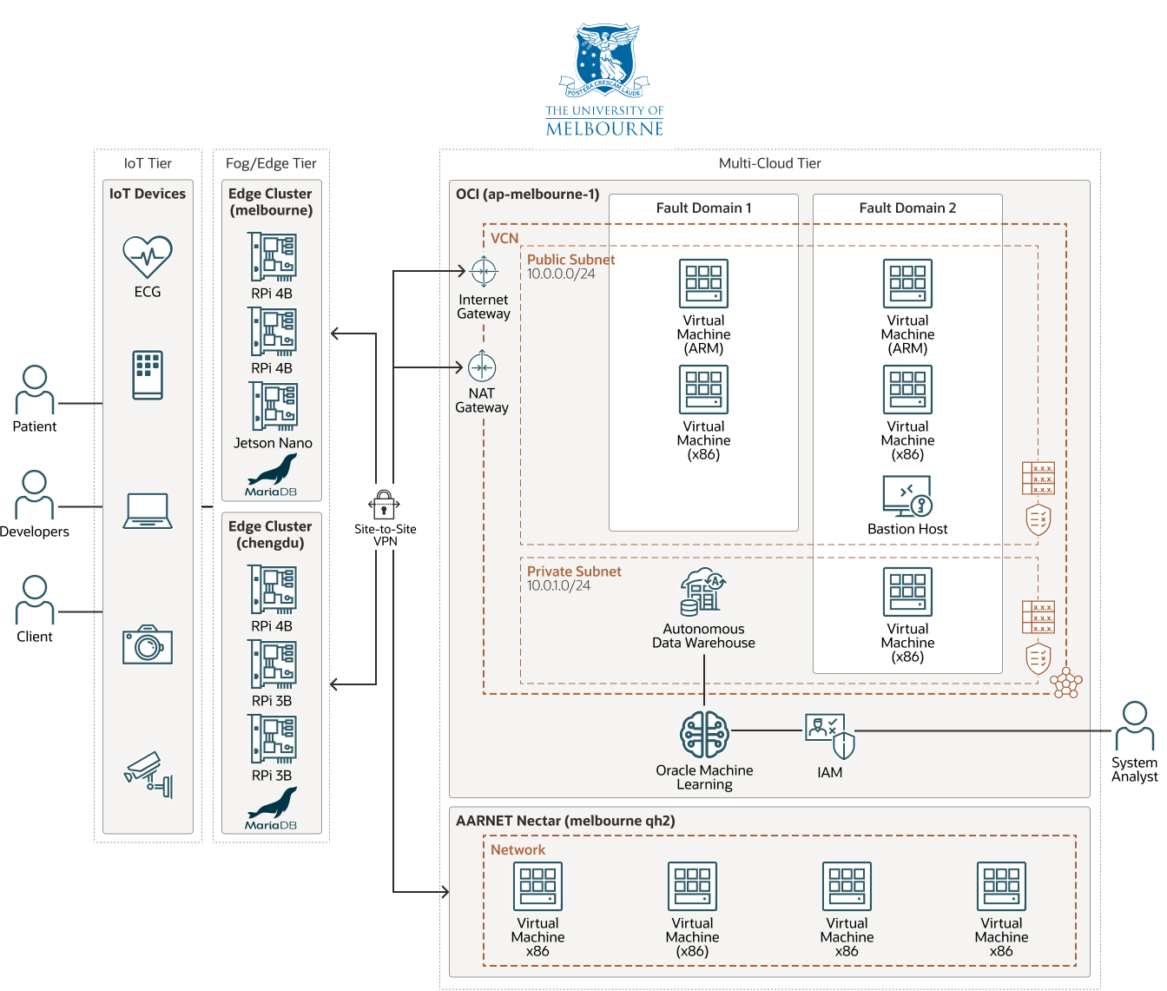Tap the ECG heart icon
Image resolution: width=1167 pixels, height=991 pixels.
pyautogui.click(x=148, y=256)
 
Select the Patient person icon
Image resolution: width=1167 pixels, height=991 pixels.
pyautogui.click(x=35, y=390)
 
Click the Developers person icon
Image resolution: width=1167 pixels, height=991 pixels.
pyautogui.click(x=35, y=495)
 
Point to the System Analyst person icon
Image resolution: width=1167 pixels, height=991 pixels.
pyautogui.click(x=1134, y=726)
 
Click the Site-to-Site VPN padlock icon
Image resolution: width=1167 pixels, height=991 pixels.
pyautogui.click(x=384, y=505)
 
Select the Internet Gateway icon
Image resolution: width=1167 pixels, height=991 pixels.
pyautogui.click(x=484, y=272)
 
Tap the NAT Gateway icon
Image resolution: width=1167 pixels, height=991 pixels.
pyautogui.click(x=482, y=367)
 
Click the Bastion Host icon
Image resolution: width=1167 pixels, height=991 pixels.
pyautogui.click(x=907, y=496)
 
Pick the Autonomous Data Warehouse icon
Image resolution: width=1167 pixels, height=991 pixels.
pyautogui.click(x=703, y=591)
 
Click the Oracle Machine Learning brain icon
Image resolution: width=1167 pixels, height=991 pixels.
pyautogui.click(x=704, y=735)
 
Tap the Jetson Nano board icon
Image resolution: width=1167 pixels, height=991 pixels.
pyautogui.click(x=273, y=406)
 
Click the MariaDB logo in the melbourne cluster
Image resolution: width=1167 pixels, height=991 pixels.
pyautogui.click(x=271, y=476)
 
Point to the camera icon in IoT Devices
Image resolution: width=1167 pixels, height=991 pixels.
pyautogui.click(x=148, y=645)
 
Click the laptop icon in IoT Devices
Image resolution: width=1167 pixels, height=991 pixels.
pyautogui.click(x=148, y=511)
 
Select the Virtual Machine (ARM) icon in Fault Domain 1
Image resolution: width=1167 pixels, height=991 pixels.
pyautogui.click(x=703, y=284)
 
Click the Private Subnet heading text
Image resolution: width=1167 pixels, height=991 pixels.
pyautogui.click(x=574, y=571)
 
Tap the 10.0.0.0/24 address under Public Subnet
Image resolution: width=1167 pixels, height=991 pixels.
pyautogui.click(x=561, y=274)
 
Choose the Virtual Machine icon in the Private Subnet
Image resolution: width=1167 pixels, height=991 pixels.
pyautogui.click(x=907, y=592)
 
